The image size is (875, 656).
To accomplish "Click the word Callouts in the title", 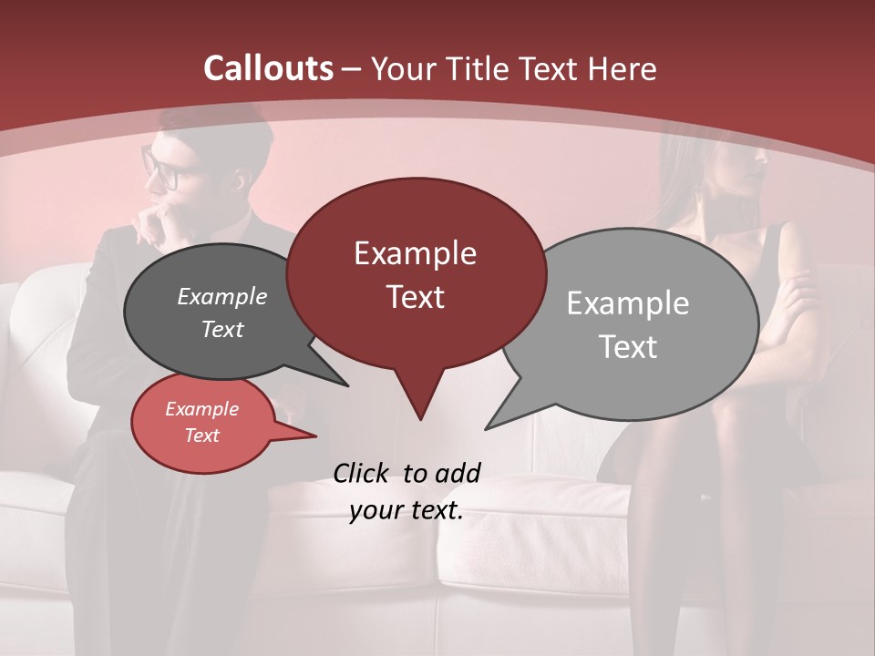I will pos(268,68).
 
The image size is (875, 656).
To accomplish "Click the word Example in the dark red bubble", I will pos(415,253).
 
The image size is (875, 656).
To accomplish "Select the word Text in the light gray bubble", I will pos(628,347).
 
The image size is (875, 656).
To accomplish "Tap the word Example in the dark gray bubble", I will pos(222,297).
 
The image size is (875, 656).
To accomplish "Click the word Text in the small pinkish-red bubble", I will pos(202,436).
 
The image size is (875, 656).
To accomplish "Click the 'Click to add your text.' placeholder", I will pos(407,492).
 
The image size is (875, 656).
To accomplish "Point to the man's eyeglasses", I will pos(161,168).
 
